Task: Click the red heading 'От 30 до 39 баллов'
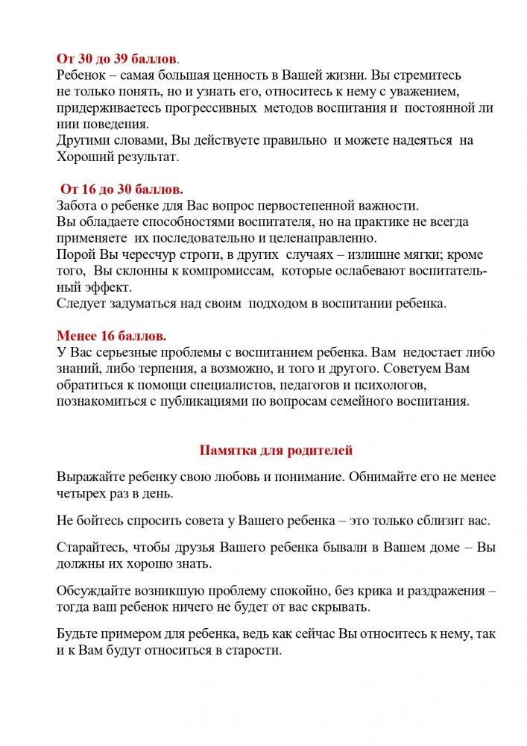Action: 117,59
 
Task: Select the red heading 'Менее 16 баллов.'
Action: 111,335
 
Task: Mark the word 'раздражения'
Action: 440,590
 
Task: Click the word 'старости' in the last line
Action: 256,650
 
